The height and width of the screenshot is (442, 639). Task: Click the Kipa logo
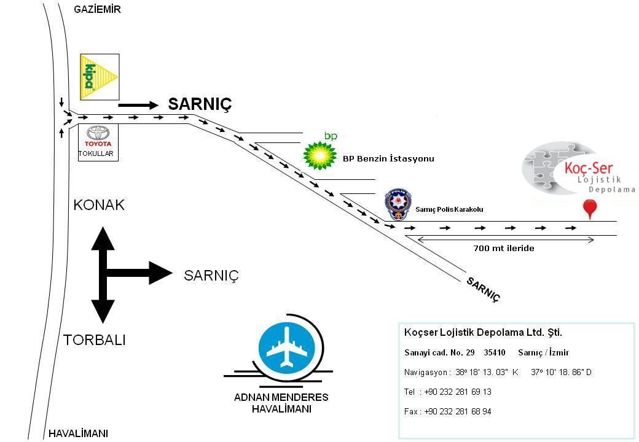click(100, 77)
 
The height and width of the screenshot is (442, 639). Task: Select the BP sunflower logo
click(320, 155)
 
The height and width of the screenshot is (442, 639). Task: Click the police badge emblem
click(398, 204)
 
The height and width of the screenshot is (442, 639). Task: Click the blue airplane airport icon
click(288, 349)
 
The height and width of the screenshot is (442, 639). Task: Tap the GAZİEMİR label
click(98, 9)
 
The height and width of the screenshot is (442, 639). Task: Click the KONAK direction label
click(99, 204)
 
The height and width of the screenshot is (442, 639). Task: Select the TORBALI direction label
click(95, 340)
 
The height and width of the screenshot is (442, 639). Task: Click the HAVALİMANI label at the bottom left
click(78, 433)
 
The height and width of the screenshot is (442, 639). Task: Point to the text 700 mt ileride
click(504, 248)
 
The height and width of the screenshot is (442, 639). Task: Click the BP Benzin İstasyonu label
click(388, 159)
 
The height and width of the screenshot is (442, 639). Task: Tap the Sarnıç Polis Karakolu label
click(450, 209)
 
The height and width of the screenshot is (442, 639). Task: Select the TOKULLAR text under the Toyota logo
click(96, 153)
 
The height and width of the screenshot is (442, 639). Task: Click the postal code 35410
click(495, 352)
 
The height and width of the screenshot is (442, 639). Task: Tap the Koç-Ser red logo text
click(589, 168)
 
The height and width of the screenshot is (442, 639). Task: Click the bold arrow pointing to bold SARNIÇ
click(138, 106)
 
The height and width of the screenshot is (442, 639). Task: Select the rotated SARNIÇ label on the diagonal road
click(484, 290)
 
